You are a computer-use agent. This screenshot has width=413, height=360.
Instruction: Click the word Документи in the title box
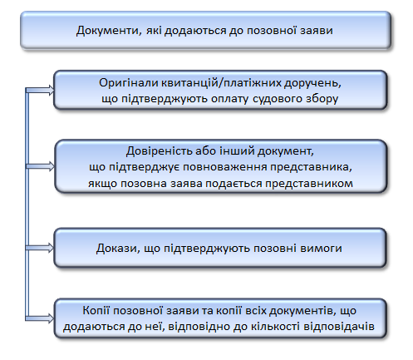(109, 31)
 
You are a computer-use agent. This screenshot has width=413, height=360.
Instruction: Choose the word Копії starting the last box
(96, 310)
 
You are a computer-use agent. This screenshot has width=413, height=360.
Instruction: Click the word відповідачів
(339, 326)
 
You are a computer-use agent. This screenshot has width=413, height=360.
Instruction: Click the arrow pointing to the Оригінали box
(40, 90)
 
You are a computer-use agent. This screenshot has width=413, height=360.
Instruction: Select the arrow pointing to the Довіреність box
(40, 166)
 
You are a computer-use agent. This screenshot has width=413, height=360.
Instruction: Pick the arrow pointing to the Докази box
(40, 248)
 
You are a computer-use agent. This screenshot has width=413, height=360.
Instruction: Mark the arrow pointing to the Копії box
(40, 318)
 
